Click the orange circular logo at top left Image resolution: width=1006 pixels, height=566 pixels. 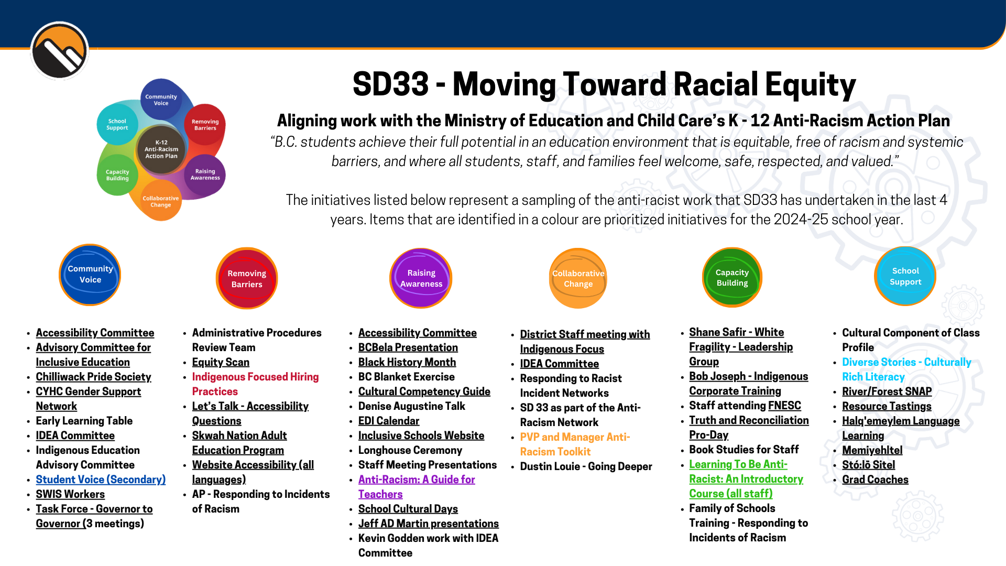(x=59, y=51)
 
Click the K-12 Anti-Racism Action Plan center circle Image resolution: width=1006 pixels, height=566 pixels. (x=161, y=149)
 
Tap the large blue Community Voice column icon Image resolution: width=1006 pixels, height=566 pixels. (x=90, y=275)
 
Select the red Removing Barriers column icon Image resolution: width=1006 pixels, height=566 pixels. (x=247, y=278)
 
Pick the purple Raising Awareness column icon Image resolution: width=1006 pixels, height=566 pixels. (x=421, y=278)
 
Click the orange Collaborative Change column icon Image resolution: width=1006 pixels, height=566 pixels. (x=578, y=278)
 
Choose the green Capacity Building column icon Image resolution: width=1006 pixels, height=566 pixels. (x=732, y=277)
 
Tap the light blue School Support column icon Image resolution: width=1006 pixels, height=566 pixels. (x=905, y=276)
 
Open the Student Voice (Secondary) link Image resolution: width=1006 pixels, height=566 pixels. (x=101, y=480)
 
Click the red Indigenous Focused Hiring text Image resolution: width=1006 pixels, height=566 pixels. (x=255, y=377)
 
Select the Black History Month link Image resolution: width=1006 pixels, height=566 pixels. (x=407, y=362)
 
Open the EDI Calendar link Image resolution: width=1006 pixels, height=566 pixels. (x=389, y=421)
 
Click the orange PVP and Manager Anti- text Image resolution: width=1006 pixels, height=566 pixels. (x=575, y=437)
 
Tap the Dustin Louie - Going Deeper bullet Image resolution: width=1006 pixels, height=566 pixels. (x=586, y=466)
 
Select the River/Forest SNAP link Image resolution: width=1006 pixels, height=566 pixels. (x=887, y=391)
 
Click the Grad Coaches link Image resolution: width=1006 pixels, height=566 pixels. (x=875, y=480)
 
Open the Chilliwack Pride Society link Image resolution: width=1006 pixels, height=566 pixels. (x=93, y=377)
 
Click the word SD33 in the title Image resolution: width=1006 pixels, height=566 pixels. (x=390, y=85)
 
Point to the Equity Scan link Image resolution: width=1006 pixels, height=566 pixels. (x=221, y=362)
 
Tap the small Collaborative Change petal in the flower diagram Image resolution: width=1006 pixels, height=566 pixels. (x=161, y=202)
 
